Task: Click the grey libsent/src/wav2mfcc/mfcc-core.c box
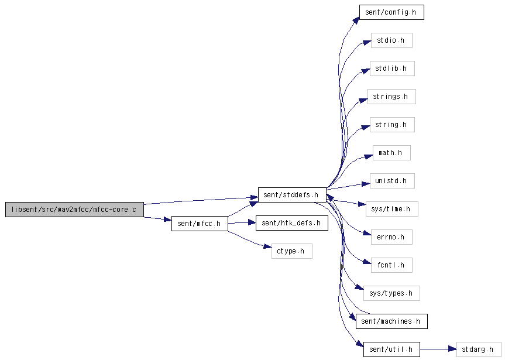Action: [x=74, y=210]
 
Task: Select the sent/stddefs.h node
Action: [x=292, y=195]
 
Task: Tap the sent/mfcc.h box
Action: [x=200, y=224]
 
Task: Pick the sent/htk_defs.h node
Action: [x=292, y=223]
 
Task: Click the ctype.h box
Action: [x=292, y=251]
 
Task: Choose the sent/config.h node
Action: [x=391, y=12]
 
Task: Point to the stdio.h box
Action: [x=391, y=40]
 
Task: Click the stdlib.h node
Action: [x=392, y=68]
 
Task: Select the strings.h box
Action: [x=391, y=97]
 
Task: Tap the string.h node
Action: [x=392, y=125]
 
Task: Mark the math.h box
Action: [x=391, y=153]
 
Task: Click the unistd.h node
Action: [x=392, y=181]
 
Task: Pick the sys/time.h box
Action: [x=392, y=209]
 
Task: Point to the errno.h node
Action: [x=391, y=237]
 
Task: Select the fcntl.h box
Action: [x=391, y=265]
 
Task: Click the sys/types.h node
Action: [x=392, y=293]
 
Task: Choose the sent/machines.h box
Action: [x=391, y=321]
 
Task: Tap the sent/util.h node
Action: [x=391, y=349]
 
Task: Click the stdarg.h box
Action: [x=479, y=349]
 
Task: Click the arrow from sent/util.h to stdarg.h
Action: [x=438, y=349]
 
